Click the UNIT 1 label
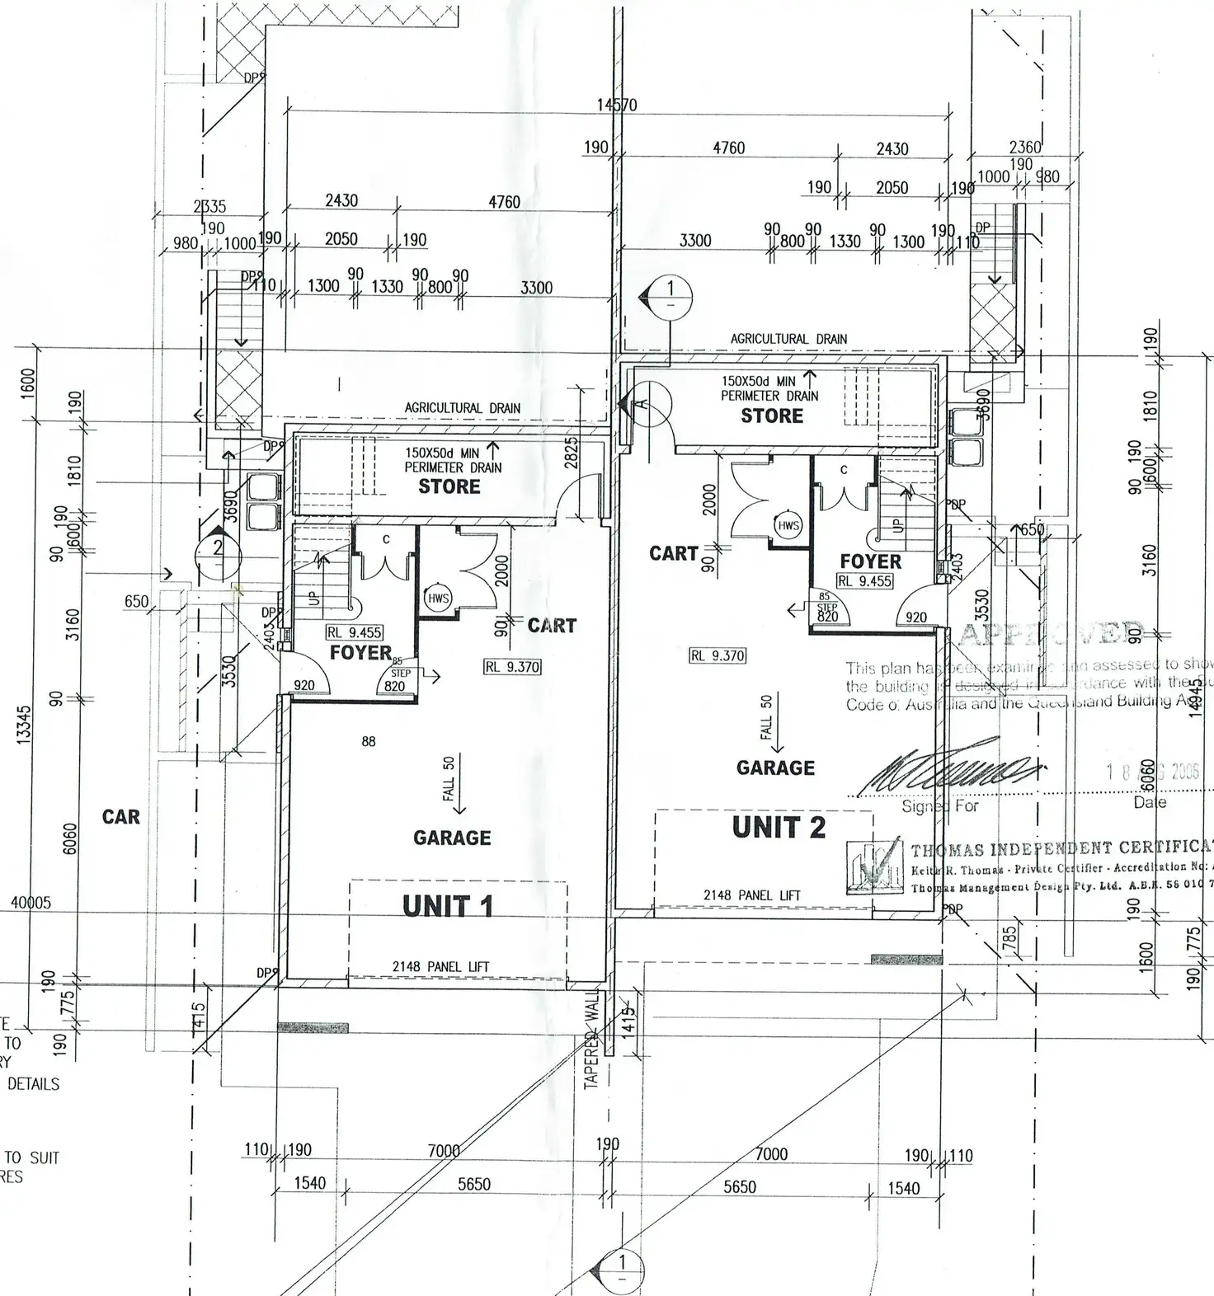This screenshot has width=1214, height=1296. point(448,906)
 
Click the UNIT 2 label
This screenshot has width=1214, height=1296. point(779,827)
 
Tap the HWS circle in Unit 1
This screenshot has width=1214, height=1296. point(438,598)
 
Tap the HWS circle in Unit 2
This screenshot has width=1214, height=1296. point(788,525)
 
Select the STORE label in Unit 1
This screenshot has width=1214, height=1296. point(449,486)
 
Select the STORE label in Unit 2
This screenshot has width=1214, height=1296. point(771,416)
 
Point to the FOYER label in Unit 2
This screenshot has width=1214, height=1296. point(870,561)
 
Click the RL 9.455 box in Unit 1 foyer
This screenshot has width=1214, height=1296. point(354,633)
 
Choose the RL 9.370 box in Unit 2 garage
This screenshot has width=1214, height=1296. point(718,656)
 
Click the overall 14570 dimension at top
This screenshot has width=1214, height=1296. point(617,105)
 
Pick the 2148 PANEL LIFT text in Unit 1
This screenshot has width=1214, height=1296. point(441,966)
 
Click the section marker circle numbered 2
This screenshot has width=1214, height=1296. point(218,547)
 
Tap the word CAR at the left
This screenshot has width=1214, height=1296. point(121,817)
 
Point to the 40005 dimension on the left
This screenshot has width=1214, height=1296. point(31,903)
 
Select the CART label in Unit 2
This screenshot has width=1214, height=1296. point(674,553)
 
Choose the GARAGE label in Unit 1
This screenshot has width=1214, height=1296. point(452,838)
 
